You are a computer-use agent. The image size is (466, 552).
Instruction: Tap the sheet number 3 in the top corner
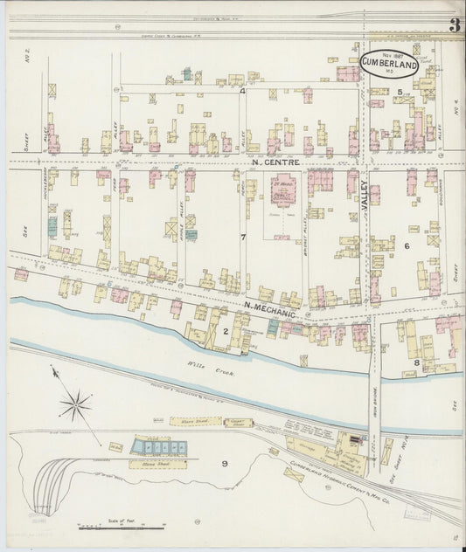pyautogui.click(x=455, y=25)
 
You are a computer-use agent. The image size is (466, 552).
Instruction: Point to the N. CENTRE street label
pyautogui.click(x=275, y=162)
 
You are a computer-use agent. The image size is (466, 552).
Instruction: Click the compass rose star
pyautogui.click(x=77, y=403)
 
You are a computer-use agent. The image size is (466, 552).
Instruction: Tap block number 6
pyautogui.click(x=406, y=247)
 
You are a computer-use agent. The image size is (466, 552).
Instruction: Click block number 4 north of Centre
pyautogui.click(x=242, y=91)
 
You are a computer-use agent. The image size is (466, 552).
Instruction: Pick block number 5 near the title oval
pyautogui.click(x=400, y=91)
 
